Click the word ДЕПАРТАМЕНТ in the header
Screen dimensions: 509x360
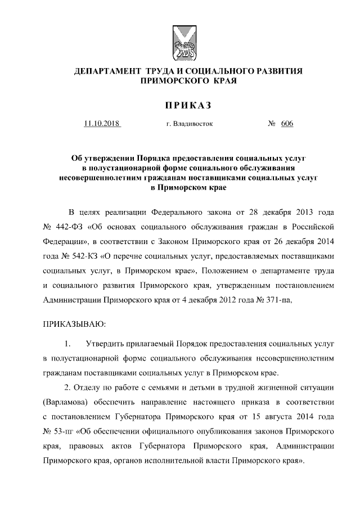pos(107,71)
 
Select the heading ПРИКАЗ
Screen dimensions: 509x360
pos(179,105)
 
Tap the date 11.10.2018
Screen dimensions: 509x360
pos(102,124)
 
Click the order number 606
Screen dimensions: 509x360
pos(287,124)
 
